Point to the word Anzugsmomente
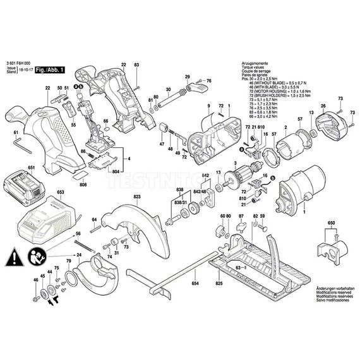[255, 64]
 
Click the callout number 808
[84, 185]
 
